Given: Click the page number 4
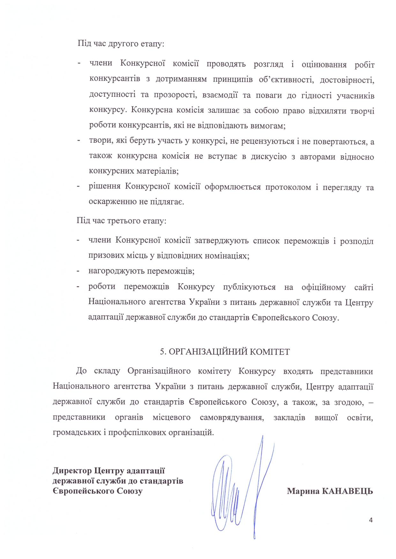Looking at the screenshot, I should click(x=371, y=520).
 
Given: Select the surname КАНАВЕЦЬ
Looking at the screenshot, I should click(x=347, y=491).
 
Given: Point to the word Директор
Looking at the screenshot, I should click(x=72, y=470).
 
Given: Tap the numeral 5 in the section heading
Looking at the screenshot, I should click(x=162, y=352).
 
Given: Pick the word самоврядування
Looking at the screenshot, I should click(x=232, y=417).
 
